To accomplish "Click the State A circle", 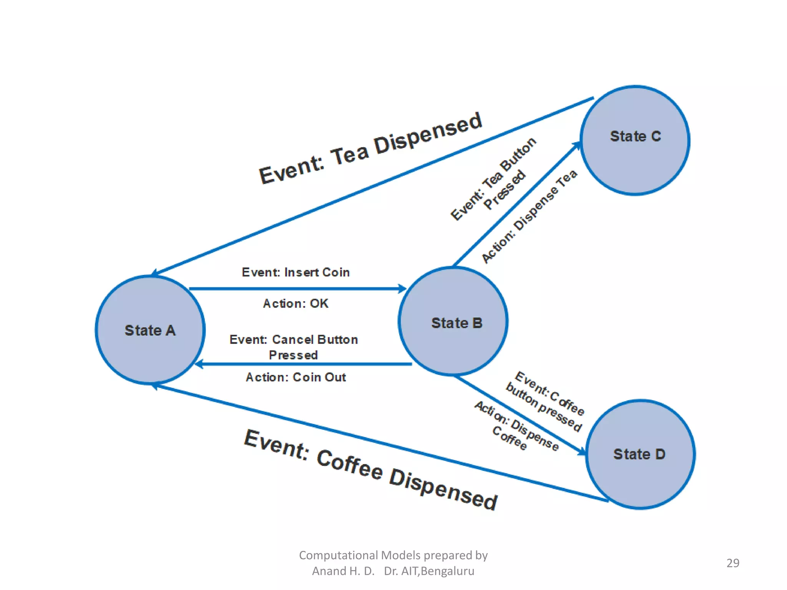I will point(150,330).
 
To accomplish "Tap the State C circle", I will point(635,140).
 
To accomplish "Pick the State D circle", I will point(640,454).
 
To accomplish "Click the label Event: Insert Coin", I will point(296,272).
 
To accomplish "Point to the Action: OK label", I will point(296,303).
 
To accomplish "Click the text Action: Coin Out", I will point(296,377).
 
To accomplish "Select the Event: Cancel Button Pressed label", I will point(294,347).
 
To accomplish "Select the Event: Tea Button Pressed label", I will point(493,179).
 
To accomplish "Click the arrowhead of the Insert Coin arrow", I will point(402,288).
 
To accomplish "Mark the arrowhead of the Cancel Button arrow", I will point(199,364).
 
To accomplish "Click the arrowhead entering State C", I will point(576,146).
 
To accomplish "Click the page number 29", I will point(732,563).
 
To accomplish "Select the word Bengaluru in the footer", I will point(448,571).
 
